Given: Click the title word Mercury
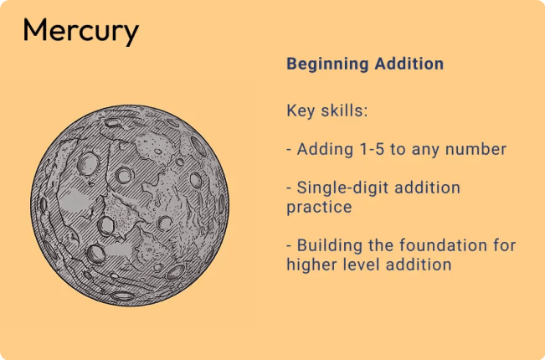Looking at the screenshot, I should [80, 32].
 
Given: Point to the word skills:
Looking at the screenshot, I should [343, 111].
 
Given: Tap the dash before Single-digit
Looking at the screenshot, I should [289, 188].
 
